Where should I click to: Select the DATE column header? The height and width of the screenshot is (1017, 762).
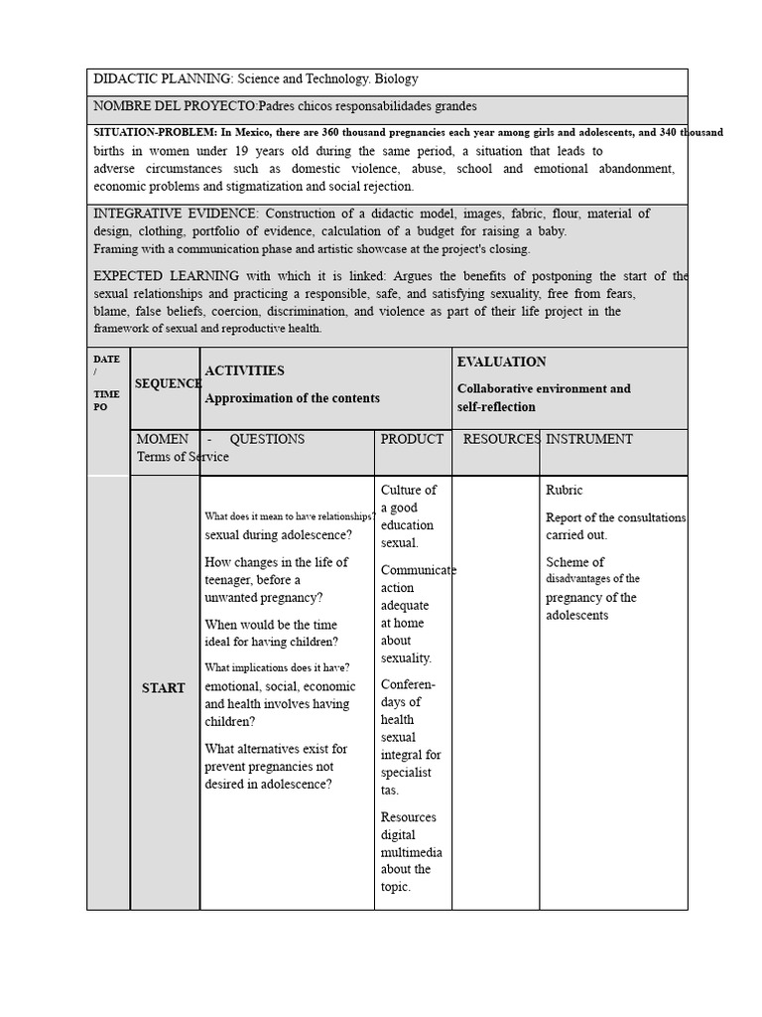(x=106, y=359)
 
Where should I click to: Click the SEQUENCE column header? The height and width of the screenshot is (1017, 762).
(x=167, y=383)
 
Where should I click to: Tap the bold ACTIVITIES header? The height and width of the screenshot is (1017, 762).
(x=244, y=370)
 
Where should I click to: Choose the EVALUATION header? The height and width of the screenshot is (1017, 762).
(x=501, y=363)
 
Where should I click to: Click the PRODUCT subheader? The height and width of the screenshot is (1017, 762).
(x=412, y=439)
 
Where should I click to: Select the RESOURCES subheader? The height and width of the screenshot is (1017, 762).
(x=501, y=439)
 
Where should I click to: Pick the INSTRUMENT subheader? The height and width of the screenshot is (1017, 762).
(x=589, y=439)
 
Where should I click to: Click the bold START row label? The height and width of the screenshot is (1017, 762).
(x=163, y=688)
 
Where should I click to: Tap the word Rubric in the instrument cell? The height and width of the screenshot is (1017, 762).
(x=565, y=491)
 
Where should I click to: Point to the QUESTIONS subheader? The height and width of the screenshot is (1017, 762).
(x=267, y=439)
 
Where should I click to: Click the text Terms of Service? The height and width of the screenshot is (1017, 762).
(x=183, y=457)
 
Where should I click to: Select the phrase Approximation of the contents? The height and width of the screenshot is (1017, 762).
(x=292, y=398)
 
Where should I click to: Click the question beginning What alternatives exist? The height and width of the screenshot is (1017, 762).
(x=276, y=749)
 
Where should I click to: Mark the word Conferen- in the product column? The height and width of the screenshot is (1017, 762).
(x=408, y=684)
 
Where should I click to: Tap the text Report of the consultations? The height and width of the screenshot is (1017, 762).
(x=615, y=517)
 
